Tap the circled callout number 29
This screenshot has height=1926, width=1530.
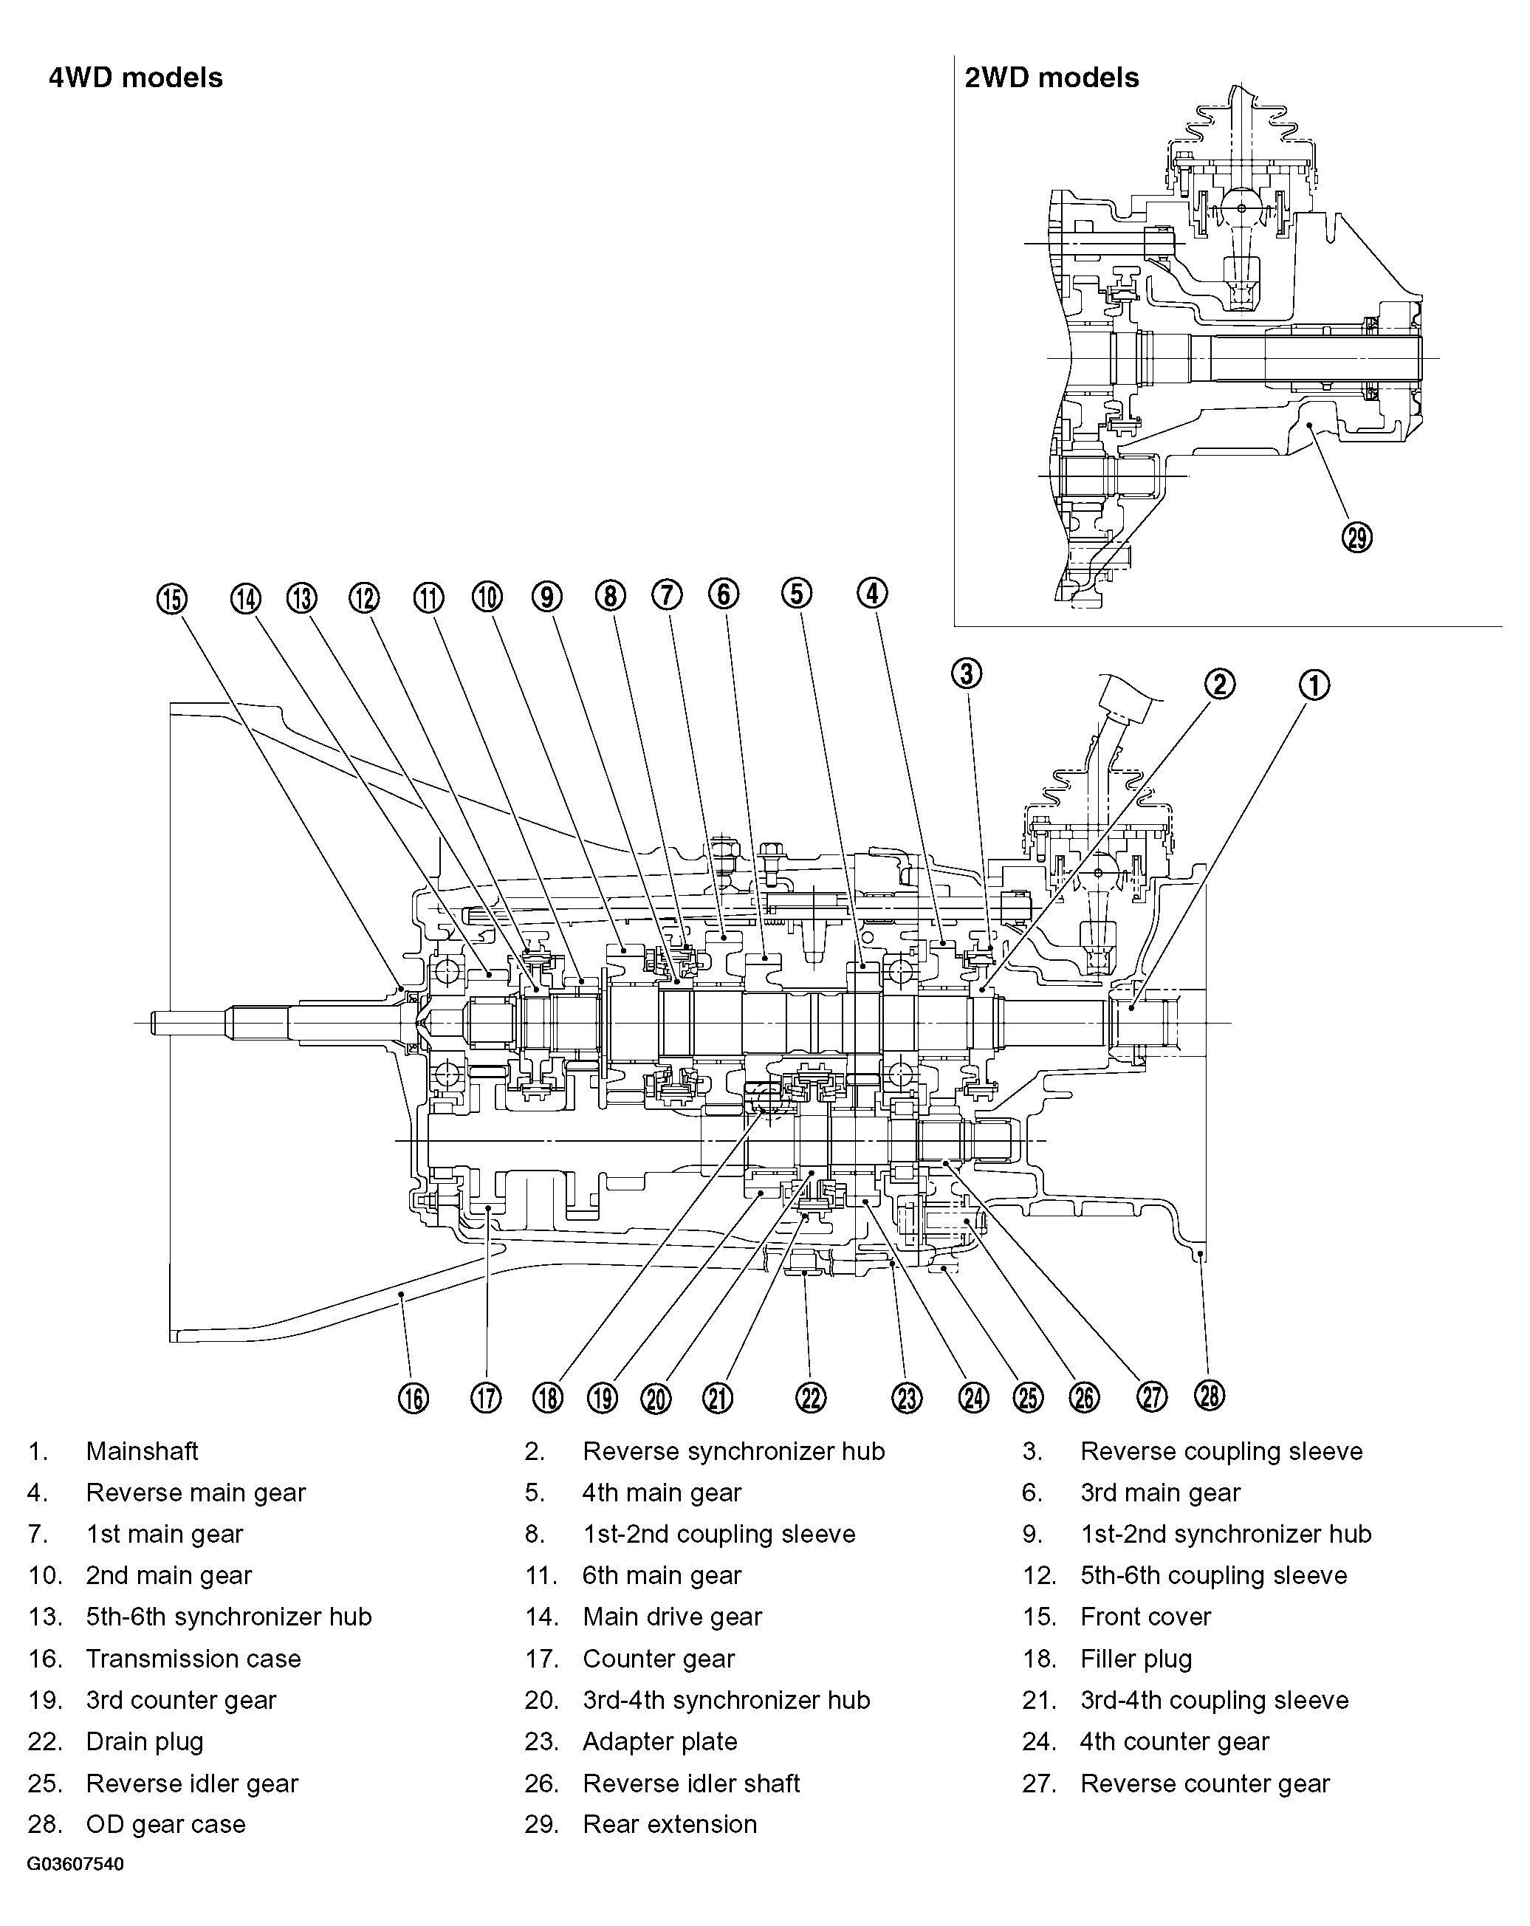[x=1356, y=538]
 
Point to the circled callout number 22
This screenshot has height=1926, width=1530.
[x=810, y=1397]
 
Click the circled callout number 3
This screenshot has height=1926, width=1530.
[x=967, y=673]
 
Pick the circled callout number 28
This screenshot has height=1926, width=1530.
[x=1209, y=1394]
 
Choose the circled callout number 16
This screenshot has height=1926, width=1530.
[x=414, y=1398]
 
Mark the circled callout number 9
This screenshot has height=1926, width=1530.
[x=546, y=596]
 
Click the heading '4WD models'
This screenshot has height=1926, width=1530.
[x=136, y=78]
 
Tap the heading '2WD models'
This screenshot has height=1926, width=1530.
[x=1052, y=78]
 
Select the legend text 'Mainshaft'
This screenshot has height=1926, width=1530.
[x=142, y=1450]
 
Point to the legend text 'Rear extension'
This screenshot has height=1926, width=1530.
[x=669, y=1824]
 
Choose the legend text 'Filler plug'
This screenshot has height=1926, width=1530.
[x=1136, y=1659]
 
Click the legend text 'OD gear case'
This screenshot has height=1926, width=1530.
[x=165, y=1824]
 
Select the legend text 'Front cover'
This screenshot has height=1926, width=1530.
[x=1145, y=1617]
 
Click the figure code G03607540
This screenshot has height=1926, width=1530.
[x=75, y=1865]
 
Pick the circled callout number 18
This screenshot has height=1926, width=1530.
[x=547, y=1398]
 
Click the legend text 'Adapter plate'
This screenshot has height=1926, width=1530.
[x=659, y=1741]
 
